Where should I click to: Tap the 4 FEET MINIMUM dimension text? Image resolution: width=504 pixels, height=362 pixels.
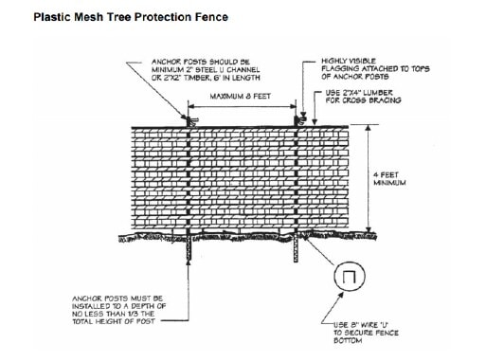click(385, 180)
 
